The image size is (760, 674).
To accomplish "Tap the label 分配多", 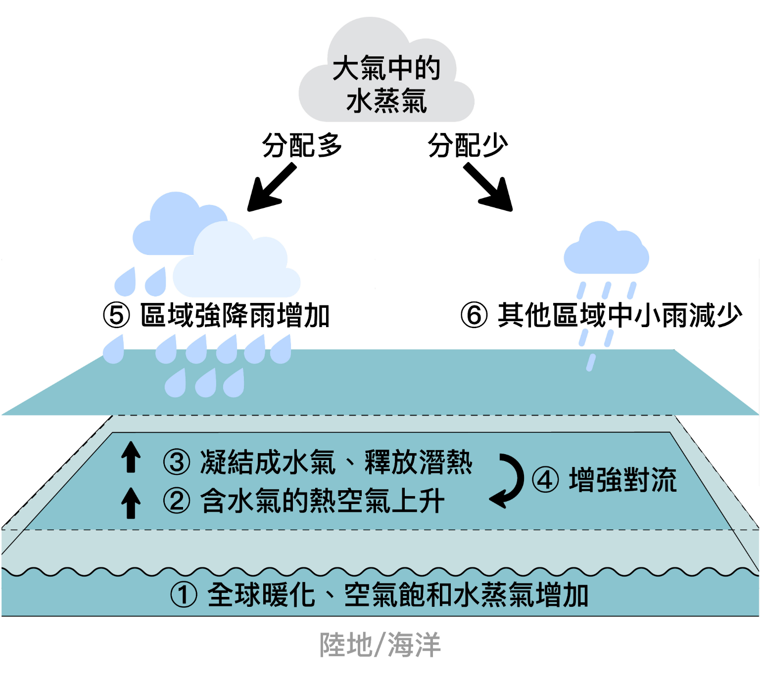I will click(x=302, y=145).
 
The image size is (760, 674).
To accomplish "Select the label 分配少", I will click(x=468, y=145).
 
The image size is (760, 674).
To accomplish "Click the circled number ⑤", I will click(x=116, y=316).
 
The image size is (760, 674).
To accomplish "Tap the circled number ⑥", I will click(x=474, y=316).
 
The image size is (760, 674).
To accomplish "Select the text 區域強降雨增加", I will click(x=235, y=316).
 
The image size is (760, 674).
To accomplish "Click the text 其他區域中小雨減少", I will click(x=620, y=316).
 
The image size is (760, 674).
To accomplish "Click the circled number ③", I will click(x=177, y=463).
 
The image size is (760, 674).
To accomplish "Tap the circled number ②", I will click(x=177, y=501).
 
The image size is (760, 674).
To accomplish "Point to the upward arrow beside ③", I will click(x=131, y=457).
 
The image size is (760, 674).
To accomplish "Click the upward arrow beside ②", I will click(x=131, y=503).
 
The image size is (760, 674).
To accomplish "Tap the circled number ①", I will click(x=184, y=595).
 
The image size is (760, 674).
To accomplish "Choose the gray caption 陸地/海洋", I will click(x=380, y=645).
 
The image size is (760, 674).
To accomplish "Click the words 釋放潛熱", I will click(x=419, y=463).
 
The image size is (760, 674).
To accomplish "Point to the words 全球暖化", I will click(x=261, y=595).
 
